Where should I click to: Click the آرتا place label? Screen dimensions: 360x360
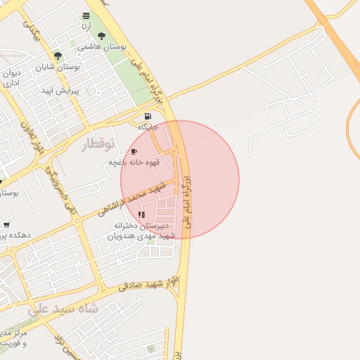pyautogui.click(x=85, y=26)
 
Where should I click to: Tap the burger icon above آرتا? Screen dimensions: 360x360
pyautogui.click(x=86, y=15)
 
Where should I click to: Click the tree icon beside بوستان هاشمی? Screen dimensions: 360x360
pyautogui.click(x=102, y=36)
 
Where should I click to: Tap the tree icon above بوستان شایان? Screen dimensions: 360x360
pyautogui.click(x=58, y=56)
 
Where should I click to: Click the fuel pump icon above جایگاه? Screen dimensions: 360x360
pyautogui.click(x=147, y=117)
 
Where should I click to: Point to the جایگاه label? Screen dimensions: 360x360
pyautogui.click(x=148, y=127)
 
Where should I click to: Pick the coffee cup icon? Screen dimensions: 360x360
pyautogui.click(x=134, y=152)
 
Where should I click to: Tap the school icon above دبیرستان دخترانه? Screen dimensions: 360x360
pyautogui.click(x=142, y=215)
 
